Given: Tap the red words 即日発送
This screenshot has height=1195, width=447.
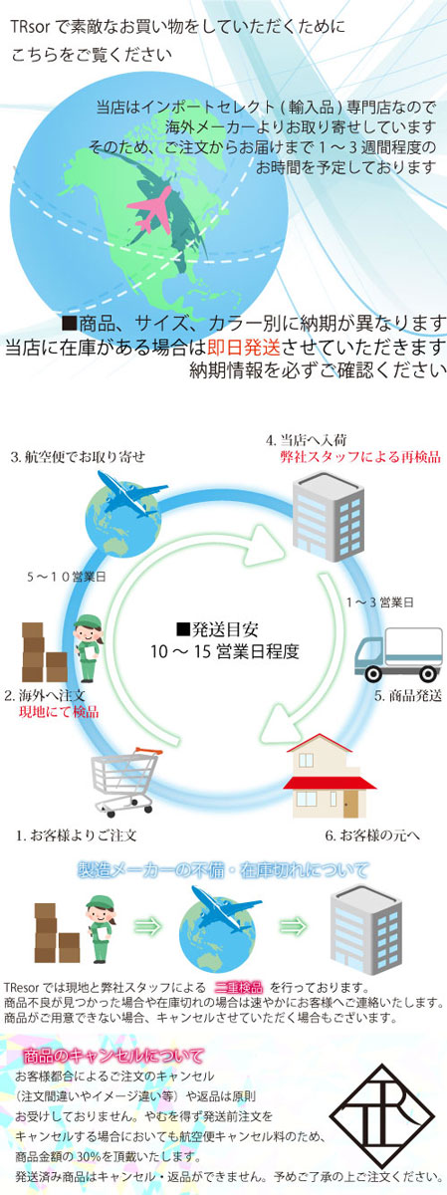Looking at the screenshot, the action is click(x=243, y=348).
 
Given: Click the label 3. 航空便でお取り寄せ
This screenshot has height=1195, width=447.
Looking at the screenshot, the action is click(x=78, y=457).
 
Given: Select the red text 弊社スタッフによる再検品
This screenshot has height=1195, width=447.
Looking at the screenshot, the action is click(x=360, y=457).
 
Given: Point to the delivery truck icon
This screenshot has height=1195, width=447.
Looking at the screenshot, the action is click(x=399, y=654).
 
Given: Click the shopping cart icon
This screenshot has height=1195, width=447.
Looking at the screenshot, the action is click(x=126, y=782).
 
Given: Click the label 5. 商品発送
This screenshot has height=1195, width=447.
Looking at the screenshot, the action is click(x=408, y=696).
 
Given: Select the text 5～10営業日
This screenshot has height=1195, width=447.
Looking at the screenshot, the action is click(x=67, y=577).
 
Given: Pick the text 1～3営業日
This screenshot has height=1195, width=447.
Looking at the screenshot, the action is click(x=379, y=602).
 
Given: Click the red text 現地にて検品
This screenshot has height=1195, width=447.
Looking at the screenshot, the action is click(x=59, y=712).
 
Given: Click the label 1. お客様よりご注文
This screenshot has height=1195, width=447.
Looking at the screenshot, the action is click(x=76, y=836).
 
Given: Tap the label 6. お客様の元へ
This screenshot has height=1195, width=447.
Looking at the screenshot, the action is click(x=372, y=835).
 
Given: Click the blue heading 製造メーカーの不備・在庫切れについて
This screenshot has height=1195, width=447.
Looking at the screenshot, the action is click(x=223, y=870).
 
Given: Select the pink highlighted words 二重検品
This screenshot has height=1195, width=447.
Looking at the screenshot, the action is click(x=239, y=988).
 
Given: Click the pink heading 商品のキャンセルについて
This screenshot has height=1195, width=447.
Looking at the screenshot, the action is click(x=113, y=1056).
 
